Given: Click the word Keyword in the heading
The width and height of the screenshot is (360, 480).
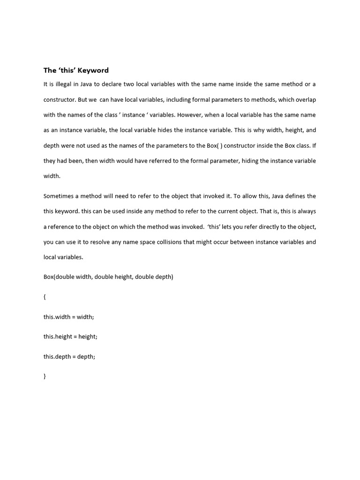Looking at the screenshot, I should tap(93, 70).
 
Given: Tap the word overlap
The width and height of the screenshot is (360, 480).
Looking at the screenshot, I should tap(306, 99).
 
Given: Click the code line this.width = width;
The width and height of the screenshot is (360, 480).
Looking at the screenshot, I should tap(69, 317).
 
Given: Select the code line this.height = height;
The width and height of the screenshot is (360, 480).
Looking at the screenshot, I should tap(70, 337).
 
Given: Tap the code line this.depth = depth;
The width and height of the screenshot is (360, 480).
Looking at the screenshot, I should tap(69, 357).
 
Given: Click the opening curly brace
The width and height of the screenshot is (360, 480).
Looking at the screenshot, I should tap(45, 297).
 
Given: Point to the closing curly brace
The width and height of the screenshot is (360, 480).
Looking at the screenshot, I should tap(45, 376).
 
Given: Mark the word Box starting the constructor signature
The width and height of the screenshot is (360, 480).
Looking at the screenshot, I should tap(49, 277).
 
